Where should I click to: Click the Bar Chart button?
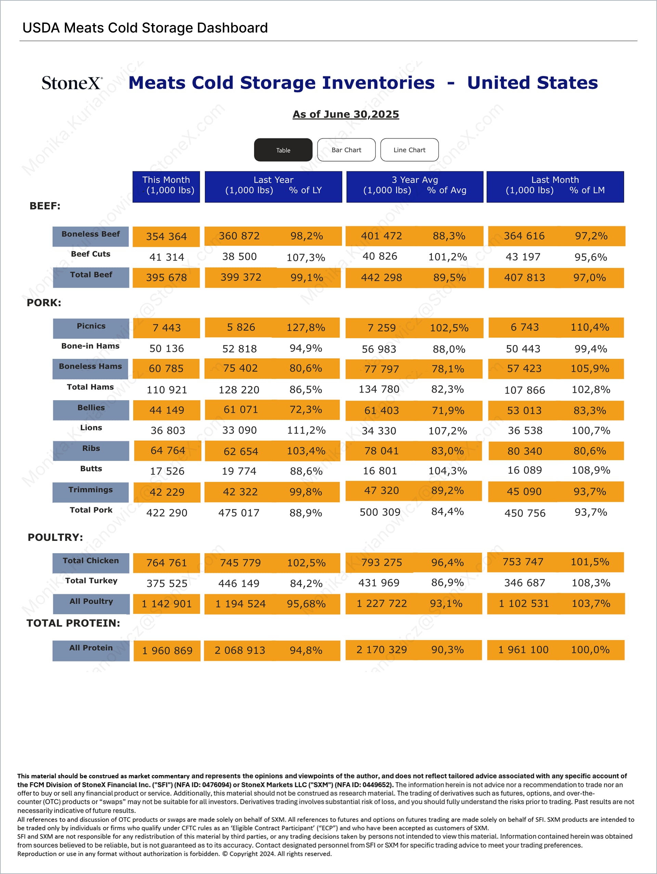346,150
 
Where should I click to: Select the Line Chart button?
409,150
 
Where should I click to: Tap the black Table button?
283,150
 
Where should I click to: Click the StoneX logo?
72,83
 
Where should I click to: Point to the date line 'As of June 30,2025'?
346,114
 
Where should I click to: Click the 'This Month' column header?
166,185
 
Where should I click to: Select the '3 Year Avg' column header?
415,185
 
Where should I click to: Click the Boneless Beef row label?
91,234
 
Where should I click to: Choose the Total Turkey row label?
91,580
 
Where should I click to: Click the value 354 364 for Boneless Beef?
166,236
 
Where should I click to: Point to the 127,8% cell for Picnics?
306,327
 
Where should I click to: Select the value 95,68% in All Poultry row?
306,604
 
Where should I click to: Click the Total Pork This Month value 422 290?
167,513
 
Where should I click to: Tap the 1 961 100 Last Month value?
523,650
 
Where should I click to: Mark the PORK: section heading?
44,303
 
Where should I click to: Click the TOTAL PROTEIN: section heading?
73,623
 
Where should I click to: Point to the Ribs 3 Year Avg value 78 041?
381,451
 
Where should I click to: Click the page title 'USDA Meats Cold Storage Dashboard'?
145,28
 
